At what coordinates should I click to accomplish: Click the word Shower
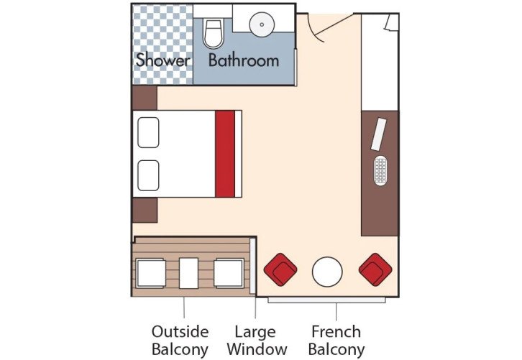(x=162, y=60)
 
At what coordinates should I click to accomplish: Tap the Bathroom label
(x=243, y=60)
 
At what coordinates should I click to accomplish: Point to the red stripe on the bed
(x=225, y=153)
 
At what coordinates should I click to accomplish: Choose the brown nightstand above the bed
(x=144, y=97)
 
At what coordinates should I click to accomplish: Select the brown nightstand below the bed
(x=144, y=209)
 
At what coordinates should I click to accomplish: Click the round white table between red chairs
(x=327, y=272)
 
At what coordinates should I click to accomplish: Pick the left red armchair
(x=280, y=270)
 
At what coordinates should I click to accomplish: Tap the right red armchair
(x=375, y=270)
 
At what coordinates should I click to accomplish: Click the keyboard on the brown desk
(x=380, y=171)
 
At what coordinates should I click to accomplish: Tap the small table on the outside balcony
(x=190, y=272)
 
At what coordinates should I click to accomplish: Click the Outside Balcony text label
(x=180, y=341)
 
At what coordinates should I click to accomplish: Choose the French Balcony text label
(x=336, y=341)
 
